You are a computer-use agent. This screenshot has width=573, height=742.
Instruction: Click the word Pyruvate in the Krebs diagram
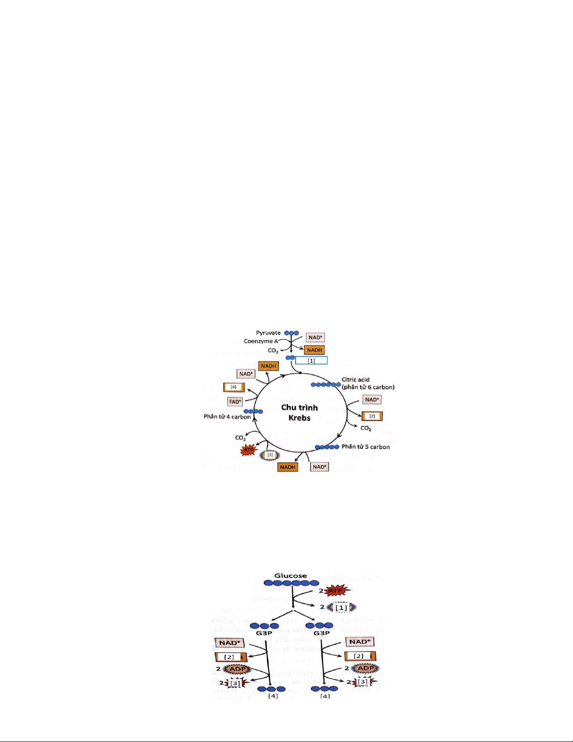coord(268,333)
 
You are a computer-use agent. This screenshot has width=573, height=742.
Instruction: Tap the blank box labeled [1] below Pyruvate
coord(311,360)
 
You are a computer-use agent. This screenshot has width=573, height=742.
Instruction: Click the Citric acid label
coord(355,380)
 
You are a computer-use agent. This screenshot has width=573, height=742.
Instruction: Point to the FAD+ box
coord(235,402)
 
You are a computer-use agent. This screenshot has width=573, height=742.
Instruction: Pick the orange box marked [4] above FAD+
coord(234,387)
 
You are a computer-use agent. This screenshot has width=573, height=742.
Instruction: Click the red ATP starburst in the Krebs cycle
coord(248,450)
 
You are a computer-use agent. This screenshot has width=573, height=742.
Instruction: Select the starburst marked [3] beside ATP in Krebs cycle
coord(269,455)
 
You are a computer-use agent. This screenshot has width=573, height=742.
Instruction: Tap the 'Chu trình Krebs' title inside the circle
coord(299,412)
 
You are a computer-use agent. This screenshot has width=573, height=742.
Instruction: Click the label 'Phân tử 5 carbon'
coord(365,447)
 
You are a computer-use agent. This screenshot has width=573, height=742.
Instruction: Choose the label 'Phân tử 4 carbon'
coord(227,417)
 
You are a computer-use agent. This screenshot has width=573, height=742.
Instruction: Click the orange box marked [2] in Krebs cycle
coord(372,416)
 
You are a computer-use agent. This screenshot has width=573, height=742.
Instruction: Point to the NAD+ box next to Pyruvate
coord(315,338)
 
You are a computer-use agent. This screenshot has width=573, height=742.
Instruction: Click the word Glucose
coord(290,576)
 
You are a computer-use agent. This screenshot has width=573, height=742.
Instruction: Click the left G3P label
coord(264,633)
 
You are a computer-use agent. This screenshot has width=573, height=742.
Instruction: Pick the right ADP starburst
coord(365,669)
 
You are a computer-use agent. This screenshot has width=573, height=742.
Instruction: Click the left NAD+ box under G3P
coord(229,643)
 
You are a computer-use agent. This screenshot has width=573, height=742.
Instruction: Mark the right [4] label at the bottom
coord(325,696)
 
